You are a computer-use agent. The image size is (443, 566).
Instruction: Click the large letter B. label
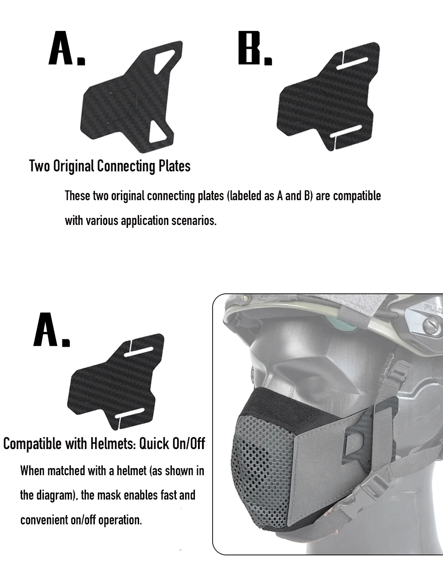(x=255, y=48)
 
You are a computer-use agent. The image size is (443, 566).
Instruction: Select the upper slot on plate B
(x=352, y=63)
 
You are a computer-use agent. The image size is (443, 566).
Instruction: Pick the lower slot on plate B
(x=346, y=131)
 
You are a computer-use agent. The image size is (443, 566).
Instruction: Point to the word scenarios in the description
(x=194, y=221)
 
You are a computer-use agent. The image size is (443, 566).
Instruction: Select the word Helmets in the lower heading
(x=113, y=443)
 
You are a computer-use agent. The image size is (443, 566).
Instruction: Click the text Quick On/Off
(x=172, y=444)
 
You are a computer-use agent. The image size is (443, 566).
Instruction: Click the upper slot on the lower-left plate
(x=138, y=352)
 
